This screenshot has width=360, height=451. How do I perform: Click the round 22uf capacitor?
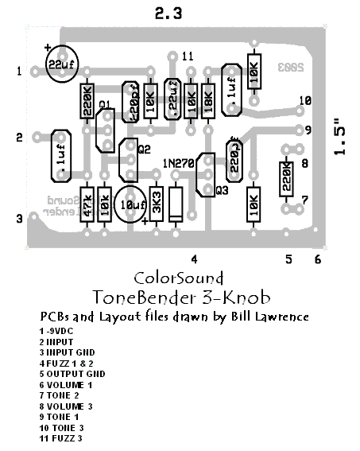point(61,64)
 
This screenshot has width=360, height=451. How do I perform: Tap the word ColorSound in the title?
point(178,278)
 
